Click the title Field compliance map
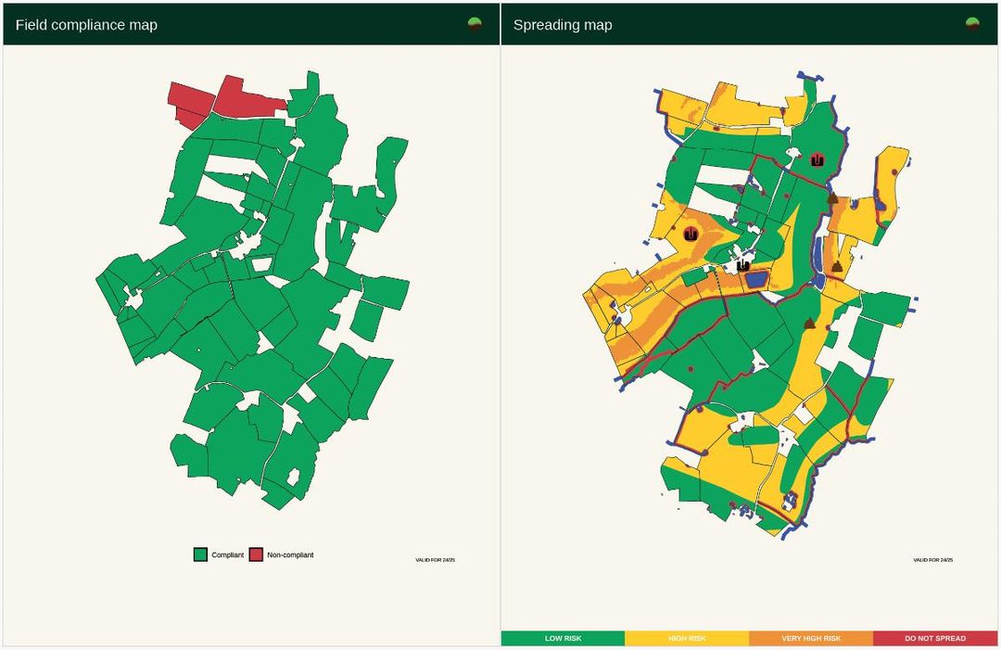(x=86, y=25)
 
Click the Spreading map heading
(x=563, y=25)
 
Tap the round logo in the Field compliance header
(x=475, y=24)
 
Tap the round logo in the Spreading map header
(x=972, y=24)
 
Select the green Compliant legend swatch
(x=199, y=554)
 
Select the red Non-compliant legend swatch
(x=256, y=554)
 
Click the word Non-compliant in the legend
(x=290, y=554)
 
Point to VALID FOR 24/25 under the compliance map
(x=435, y=560)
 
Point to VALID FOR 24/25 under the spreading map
(x=932, y=560)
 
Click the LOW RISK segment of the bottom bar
(x=563, y=638)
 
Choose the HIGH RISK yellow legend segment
(x=687, y=638)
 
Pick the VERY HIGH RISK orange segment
(x=811, y=638)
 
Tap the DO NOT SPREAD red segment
(x=935, y=638)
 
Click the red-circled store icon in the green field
(x=817, y=159)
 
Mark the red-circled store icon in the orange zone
(x=691, y=235)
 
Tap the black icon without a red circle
(x=742, y=265)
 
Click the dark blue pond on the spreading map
(x=756, y=278)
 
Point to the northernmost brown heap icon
(x=832, y=198)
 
